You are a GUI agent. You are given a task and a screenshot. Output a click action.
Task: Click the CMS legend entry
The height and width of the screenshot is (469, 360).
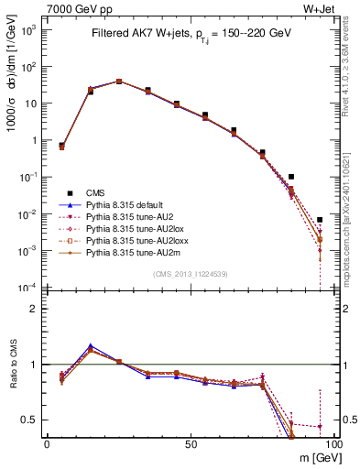pyautogui.click(x=95, y=192)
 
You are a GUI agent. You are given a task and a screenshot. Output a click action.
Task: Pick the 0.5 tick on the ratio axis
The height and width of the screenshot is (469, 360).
pyautogui.click(x=30, y=420)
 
